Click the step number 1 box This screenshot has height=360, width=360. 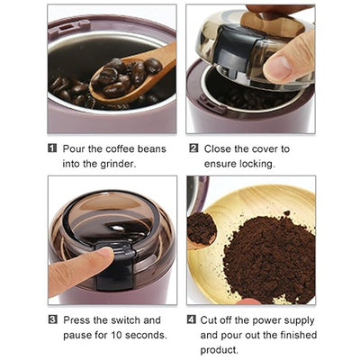click(53, 148)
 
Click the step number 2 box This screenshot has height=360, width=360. click(193, 148)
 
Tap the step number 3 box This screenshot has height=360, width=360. click(53, 319)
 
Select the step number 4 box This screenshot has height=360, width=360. click(193, 319)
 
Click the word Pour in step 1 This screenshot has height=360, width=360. click(76, 148)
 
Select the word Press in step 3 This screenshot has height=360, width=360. click(79, 319)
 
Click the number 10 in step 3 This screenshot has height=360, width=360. click(113, 335)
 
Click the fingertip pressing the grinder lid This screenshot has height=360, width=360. click(103, 257)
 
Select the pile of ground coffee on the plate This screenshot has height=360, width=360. click(262, 256)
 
